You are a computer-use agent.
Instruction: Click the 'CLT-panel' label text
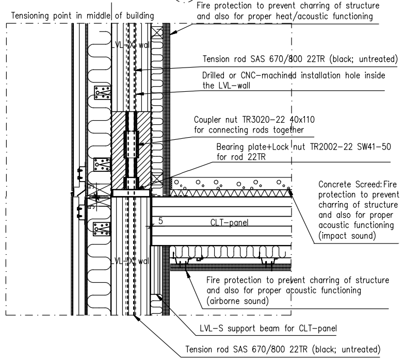[x=229, y=222]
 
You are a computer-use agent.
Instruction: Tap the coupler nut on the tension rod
[x=132, y=144]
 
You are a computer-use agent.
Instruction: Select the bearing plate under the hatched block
[x=132, y=193]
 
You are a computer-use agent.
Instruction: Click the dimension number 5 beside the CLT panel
[x=160, y=221]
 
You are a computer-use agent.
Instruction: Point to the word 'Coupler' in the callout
[x=207, y=120]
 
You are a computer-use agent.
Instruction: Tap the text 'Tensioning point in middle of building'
[x=83, y=15]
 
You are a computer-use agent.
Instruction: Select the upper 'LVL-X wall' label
[x=131, y=45]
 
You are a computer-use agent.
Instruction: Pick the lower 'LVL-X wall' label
[x=131, y=261]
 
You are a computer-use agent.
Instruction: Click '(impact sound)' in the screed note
[x=347, y=236]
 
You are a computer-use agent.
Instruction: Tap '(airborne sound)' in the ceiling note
[x=237, y=301]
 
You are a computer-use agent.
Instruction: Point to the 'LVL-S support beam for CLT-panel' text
[x=268, y=329]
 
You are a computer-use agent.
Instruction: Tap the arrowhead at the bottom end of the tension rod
[x=137, y=318]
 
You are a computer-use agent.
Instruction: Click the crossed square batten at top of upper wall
[x=157, y=32]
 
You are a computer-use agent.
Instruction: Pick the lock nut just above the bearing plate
[x=132, y=183]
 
